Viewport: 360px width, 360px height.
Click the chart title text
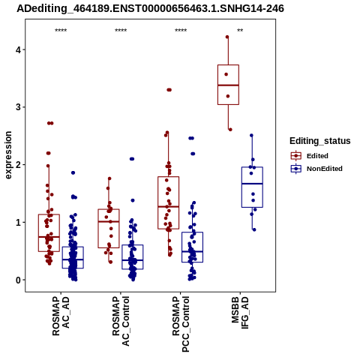[150, 8]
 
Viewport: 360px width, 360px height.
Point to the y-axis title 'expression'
[8, 155]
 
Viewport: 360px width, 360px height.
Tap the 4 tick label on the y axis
[18, 49]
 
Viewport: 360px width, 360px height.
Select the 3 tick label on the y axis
[18, 107]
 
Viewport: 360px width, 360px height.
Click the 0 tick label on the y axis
[18, 280]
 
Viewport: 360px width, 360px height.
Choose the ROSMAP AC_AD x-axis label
[61, 316]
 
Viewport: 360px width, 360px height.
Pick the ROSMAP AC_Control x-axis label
[121, 321]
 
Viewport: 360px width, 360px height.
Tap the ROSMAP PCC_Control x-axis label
[181, 324]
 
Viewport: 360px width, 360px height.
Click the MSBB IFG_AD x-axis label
[240, 313]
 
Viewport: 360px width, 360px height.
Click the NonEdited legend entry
[316, 169]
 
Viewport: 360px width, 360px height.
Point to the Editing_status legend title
[320, 141]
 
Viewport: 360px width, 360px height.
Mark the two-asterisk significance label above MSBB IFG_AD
[240, 31]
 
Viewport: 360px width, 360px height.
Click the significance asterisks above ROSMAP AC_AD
[61, 31]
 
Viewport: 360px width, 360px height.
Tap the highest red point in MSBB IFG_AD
[227, 37]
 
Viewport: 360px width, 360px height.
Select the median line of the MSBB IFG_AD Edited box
[228, 85]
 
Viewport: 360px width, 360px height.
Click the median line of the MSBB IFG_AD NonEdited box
[252, 184]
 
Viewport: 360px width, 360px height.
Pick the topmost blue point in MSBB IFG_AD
[251, 136]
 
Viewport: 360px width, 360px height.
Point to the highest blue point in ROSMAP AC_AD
[73, 172]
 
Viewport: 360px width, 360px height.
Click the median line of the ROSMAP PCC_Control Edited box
[168, 207]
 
